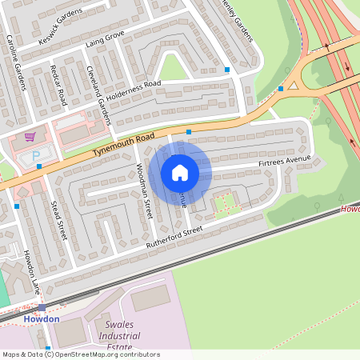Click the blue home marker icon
tap(180, 172)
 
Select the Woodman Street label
tap(144, 190)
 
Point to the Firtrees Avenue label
tap(283, 162)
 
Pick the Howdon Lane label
tap(30, 270)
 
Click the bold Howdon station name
tap(41, 318)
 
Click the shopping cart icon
tap(30, 137)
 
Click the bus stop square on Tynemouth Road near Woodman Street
tap(189, 131)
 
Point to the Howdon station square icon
tap(42, 307)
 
